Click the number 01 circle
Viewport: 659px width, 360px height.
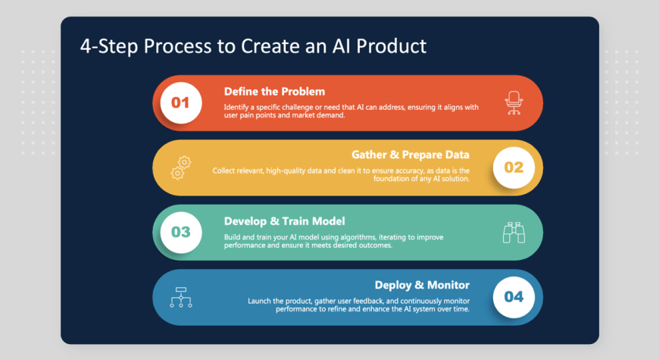(x=181, y=102)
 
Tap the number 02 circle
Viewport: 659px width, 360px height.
(x=514, y=167)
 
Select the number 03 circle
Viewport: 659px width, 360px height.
(x=181, y=232)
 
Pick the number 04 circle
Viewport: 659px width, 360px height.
(x=514, y=297)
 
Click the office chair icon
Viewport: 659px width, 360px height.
(x=514, y=103)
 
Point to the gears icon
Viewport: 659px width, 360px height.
(x=181, y=167)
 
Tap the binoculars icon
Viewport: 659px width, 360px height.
(x=514, y=233)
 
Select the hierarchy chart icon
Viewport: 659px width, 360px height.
(x=181, y=297)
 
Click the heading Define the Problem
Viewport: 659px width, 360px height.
(x=274, y=91)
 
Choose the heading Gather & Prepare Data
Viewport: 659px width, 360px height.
(x=411, y=155)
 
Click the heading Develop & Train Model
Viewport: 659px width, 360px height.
(x=285, y=221)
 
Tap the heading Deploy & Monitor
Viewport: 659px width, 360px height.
(x=422, y=285)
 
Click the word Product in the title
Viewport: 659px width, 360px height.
(x=392, y=45)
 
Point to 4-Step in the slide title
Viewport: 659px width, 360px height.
(x=109, y=47)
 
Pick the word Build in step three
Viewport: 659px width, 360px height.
(x=232, y=237)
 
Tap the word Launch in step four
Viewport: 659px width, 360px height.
(x=259, y=301)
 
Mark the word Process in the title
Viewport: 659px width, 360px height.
(x=177, y=45)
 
